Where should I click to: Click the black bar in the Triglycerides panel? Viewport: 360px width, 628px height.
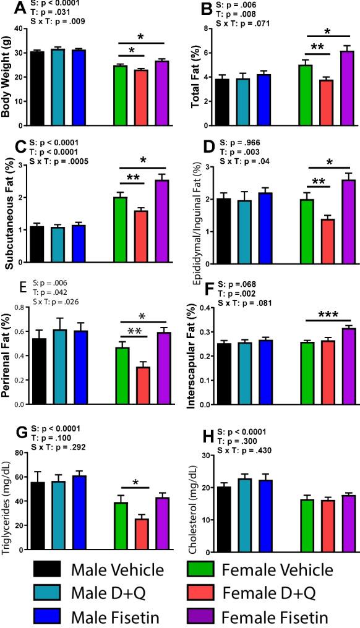[x=38, y=507]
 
